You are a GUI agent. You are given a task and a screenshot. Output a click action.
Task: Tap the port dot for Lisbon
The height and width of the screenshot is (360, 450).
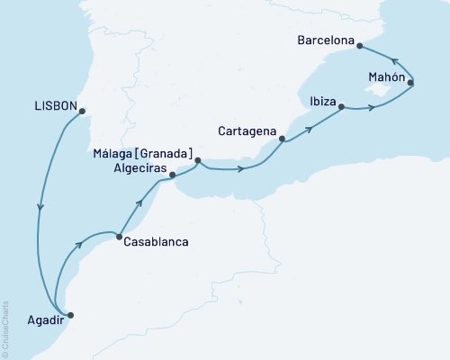(82, 112)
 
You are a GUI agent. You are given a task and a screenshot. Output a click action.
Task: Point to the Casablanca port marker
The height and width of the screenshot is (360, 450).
(119, 237)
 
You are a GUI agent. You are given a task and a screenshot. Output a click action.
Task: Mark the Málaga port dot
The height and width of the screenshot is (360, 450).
(198, 161)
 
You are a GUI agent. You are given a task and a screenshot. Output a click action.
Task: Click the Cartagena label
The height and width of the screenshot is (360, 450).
(248, 131)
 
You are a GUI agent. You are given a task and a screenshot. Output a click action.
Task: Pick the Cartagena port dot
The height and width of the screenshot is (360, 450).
(283, 139)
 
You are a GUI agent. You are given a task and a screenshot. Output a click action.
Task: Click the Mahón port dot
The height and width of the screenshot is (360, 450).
(411, 84)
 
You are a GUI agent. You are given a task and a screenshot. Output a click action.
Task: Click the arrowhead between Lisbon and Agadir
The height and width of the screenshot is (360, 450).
(40, 209)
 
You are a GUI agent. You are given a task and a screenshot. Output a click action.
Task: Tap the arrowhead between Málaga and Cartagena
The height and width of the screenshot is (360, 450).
(240, 169)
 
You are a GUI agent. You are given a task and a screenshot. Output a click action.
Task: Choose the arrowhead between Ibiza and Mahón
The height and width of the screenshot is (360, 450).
(370, 109)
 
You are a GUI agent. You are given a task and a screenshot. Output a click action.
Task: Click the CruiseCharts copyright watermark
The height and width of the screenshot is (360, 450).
(6, 328)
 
